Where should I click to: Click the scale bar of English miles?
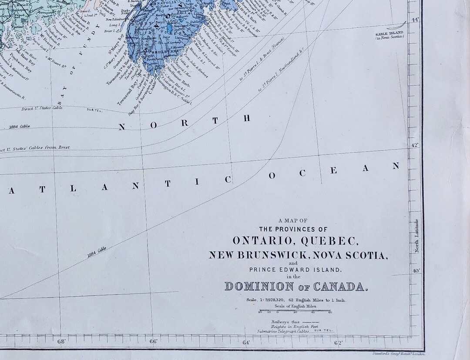pyautogui.click(x=295, y=312)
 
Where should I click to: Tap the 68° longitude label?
pyautogui.click(x=61, y=341)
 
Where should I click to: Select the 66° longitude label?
pyautogui.click(x=154, y=341)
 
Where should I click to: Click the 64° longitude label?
pyautogui.click(x=246, y=342)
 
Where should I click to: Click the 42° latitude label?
pyautogui.click(x=415, y=145)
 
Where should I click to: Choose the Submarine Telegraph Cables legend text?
pyautogui.click(x=283, y=331)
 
